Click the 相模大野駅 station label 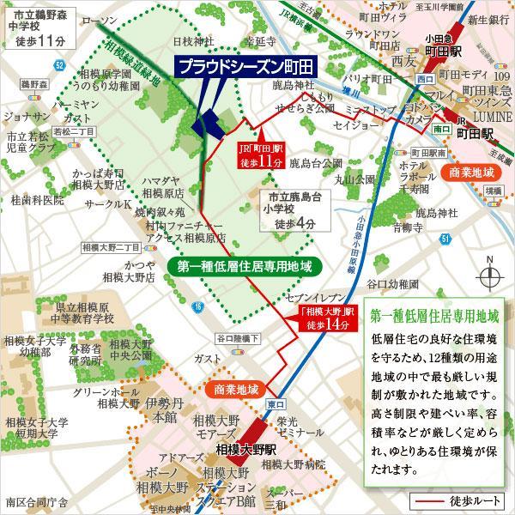246,448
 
